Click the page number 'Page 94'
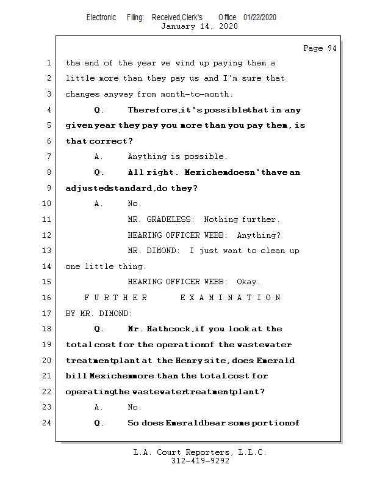(x=319, y=48)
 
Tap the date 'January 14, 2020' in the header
(x=199, y=26)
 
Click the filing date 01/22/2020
(x=259, y=17)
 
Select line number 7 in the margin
(x=49, y=157)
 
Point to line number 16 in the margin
(x=47, y=298)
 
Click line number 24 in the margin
(x=47, y=422)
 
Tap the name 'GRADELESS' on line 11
(x=170, y=219)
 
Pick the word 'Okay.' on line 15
(x=248, y=282)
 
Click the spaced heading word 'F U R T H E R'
(x=115, y=298)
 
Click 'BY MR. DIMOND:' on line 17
(x=98, y=314)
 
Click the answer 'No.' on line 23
(x=134, y=407)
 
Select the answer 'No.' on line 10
(x=134, y=204)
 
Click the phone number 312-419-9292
(x=200, y=461)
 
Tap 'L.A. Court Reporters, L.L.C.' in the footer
(x=199, y=452)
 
